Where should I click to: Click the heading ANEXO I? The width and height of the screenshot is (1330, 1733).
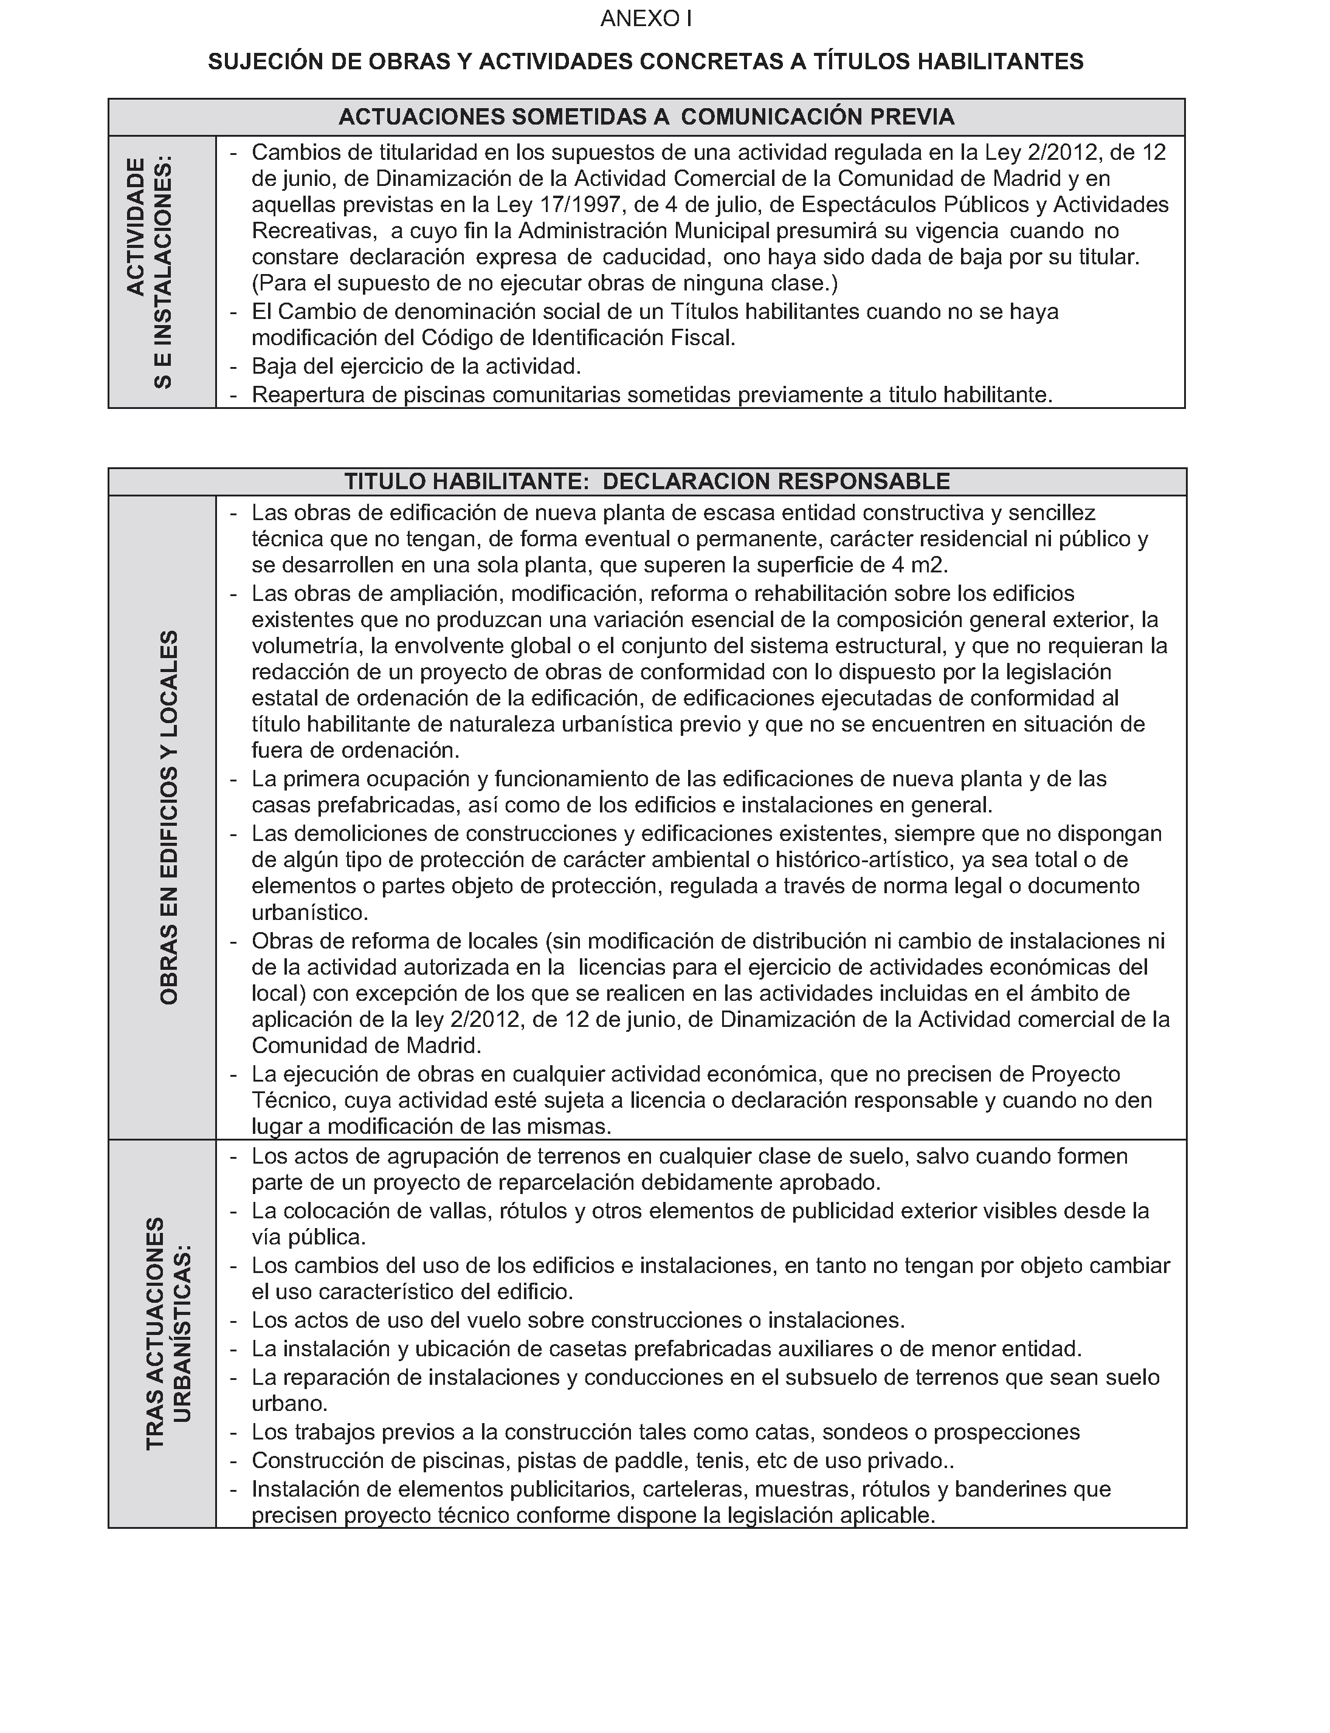point(646,19)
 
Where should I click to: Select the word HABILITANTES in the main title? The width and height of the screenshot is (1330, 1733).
point(1001,62)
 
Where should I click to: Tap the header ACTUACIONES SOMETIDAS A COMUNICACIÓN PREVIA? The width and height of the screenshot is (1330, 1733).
point(646,117)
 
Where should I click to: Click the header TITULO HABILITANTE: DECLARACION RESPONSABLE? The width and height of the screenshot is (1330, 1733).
point(647,481)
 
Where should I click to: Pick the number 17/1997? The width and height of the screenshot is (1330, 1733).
point(581,205)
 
